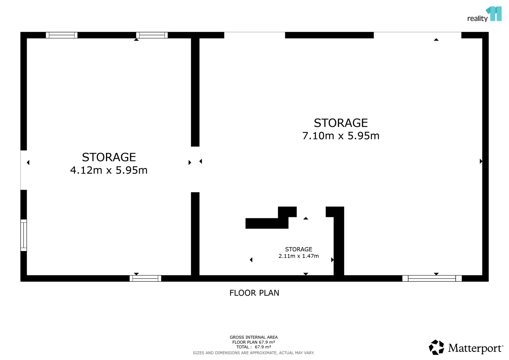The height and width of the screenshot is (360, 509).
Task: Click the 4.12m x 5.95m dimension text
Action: [x=109, y=170]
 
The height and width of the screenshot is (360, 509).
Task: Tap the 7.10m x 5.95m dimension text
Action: [x=341, y=136]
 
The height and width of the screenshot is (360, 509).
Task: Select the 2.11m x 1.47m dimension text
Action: [x=299, y=256]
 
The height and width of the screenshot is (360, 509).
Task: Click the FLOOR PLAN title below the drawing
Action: [x=254, y=293]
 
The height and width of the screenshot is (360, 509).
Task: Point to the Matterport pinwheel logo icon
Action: [x=436, y=347]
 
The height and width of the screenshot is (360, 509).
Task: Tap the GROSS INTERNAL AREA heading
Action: [x=254, y=337]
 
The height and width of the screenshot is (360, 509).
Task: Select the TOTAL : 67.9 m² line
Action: [x=254, y=347]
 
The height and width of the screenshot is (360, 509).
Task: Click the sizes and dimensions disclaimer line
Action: [x=254, y=353]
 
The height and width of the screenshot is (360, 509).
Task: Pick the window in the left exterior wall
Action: [x=24, y=235]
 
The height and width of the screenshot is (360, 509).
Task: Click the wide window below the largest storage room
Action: [x=432, y=278]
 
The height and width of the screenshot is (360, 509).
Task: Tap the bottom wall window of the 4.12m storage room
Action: [x=145, y=278]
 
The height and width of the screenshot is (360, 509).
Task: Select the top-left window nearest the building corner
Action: [x=62, y=35]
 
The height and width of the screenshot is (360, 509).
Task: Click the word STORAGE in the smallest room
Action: [x=299, y=249]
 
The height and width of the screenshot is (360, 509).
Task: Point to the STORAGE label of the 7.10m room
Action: [x=341, y=123]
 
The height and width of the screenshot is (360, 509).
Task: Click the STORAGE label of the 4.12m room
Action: [x=109, y=157]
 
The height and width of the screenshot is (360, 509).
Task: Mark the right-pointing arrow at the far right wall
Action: [x=481, y=161]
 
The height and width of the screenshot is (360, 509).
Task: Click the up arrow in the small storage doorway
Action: [x=306, y=218]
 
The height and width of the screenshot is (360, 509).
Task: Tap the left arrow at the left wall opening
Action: [x=28, y=163]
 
